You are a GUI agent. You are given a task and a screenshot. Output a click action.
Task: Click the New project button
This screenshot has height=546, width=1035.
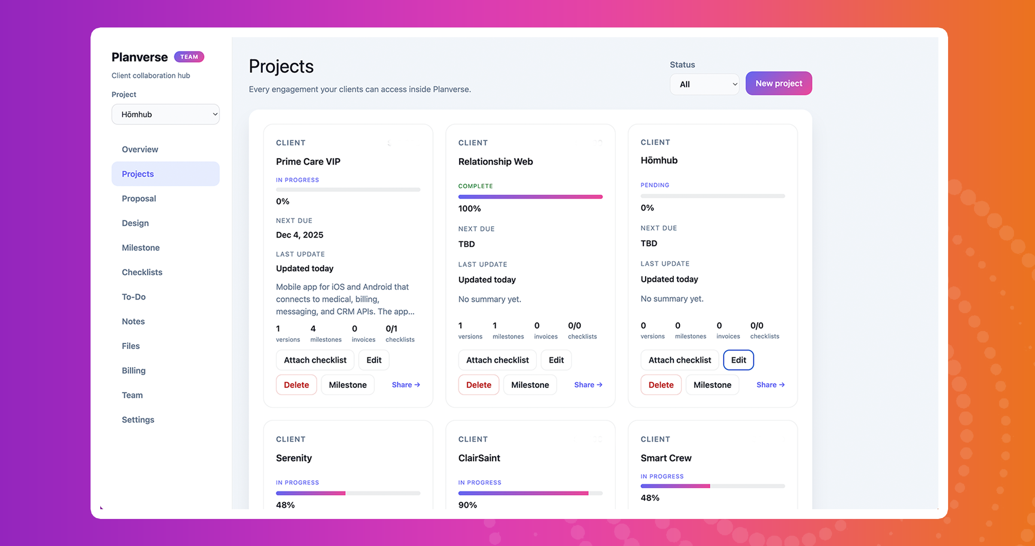pyautogui.click(x=778, y=83)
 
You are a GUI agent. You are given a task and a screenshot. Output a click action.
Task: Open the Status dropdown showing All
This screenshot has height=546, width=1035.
pyautogui.click(x=704, y=84)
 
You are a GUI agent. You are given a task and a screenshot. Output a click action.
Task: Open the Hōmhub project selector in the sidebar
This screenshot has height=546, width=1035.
pyautogui.click(x=165, y=114)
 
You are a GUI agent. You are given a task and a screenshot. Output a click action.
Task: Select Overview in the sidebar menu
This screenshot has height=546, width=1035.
pyautogui.click(x=140, y=149)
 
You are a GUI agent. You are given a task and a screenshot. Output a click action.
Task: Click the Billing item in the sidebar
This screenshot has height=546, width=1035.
pyautogui.click(x=133, y=370)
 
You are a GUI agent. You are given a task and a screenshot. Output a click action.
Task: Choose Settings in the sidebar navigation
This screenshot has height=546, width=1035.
pyautogui.click(x=138, y=420)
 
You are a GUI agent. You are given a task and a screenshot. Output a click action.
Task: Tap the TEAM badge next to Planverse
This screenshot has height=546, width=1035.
pyautogui.click(x=189, y=57)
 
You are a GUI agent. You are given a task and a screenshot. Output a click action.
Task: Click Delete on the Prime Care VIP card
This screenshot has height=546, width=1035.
pyautogui.click(x=296, y=385)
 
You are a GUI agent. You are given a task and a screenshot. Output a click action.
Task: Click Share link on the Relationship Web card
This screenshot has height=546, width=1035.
pyautogui.click(x=588, y=385)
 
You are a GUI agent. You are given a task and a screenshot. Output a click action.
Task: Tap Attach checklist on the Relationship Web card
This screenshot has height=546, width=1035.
pyautogui.click(x=497, y=360)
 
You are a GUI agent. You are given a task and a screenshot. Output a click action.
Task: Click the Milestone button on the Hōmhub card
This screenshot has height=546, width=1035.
pyautogui.click(x=712, y=385)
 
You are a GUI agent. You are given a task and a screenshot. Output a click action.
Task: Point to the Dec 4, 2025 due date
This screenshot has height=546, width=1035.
pyautogui.click(x=299, y=235)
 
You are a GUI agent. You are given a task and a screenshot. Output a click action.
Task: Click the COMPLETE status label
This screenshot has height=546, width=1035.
pyautogui.click(x=475, y=186)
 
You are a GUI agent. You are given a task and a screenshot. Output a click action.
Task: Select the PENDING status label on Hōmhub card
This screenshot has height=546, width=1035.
pyautogui.click(x=655, y=185)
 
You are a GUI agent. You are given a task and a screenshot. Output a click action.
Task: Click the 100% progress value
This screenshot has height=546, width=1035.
pyautogui.click(x=469, y=209)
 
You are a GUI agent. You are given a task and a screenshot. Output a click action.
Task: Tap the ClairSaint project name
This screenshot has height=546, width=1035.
pyautogui.click(x=479, y=458)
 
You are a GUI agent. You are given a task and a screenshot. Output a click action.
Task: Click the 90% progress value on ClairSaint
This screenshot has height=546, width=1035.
pyautogui.click(x=467, y=505)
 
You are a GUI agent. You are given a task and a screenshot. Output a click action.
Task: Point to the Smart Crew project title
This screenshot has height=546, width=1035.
pyautogui.click(x=665, y=458)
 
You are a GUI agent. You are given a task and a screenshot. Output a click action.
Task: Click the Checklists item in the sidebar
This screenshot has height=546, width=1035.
pyautogui.click(x=142, y=272)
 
